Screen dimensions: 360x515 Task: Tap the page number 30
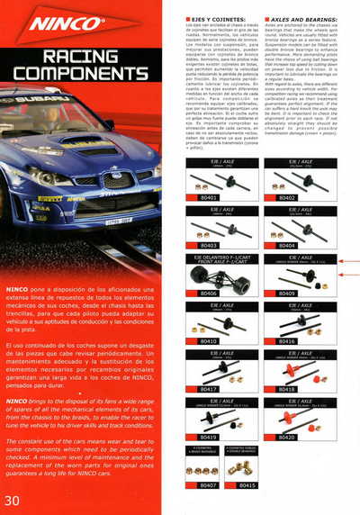coord(13,499)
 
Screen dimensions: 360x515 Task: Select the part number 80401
coord(209,195)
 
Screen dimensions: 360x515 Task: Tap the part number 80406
coord(209,293)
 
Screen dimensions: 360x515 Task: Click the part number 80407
coord(209,485)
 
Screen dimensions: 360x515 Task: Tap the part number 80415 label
coord(247,485)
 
